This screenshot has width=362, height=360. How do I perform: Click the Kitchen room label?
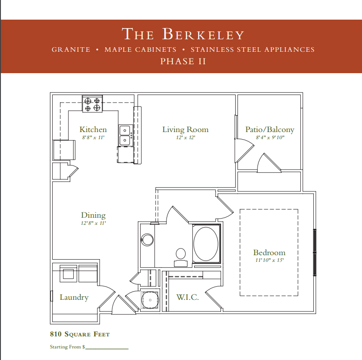[x=93, y=129]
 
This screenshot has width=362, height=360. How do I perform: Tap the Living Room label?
[x=185, y=129]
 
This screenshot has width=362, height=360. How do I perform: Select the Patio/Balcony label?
[x=270, y=129]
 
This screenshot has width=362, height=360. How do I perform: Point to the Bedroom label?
[x=269, y=252]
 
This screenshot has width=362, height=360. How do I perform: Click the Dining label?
[x=93, y=215]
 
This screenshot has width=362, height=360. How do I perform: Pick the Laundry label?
[x=74, y=297]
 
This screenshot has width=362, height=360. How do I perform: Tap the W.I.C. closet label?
[x=187, y=297]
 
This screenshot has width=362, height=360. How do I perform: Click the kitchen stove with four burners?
[x=92, y=104]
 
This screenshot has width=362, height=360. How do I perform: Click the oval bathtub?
[x=206, y=244]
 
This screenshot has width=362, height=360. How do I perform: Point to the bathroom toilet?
[x=180, y=257]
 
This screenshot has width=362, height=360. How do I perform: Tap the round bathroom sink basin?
[x=147, y=240]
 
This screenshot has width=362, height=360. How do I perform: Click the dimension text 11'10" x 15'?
[x=270, y=261]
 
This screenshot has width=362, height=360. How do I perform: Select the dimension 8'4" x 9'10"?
[x=270, y=137]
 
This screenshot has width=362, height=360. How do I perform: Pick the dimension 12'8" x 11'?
[x=93, y=223]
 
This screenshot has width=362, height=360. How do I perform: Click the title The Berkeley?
[x=183, y=34]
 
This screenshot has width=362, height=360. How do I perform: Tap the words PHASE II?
[x=183, y=62]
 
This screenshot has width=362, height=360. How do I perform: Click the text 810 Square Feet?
[x=80, y=334]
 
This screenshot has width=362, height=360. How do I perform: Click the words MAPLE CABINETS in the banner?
[x=140, y=50]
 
